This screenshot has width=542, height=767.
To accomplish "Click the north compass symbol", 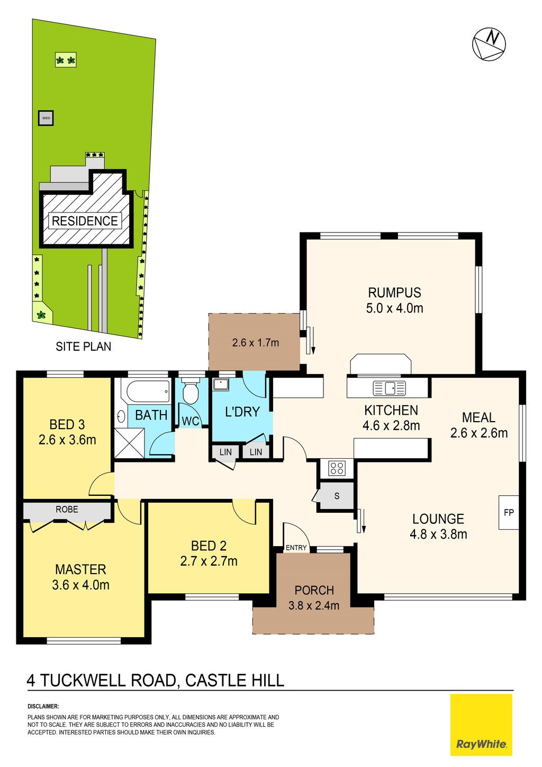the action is click(x=489, y=44).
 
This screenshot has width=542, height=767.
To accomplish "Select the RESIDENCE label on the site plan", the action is click(x=85, y=221).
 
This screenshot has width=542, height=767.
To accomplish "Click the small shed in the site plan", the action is click(x=46, y=118).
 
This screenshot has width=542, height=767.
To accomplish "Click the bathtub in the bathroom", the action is click(x=148, y=391).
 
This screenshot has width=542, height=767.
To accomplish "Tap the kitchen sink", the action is click(x=390, y=388).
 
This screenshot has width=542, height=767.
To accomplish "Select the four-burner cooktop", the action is click(x=337, y=468).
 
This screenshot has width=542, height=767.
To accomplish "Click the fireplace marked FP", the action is click(x=509, y=513).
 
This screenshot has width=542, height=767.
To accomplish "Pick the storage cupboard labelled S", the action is click(x=337, y=496).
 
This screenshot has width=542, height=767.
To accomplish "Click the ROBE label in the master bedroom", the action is click(x=67, y=510).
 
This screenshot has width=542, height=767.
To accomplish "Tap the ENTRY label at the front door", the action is click(x=296, y=548).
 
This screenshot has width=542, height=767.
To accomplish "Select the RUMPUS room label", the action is click(x=394, y=293).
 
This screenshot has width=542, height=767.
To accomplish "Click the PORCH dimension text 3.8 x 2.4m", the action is click(x=314, y=606).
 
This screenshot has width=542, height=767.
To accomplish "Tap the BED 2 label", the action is click(x=209, y=546).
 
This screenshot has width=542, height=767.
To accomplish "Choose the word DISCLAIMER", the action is click(x=43, y=707).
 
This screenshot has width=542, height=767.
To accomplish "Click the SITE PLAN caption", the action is click(x=84, y=346).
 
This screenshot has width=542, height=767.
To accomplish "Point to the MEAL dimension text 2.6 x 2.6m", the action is click(x=478, y=433).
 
